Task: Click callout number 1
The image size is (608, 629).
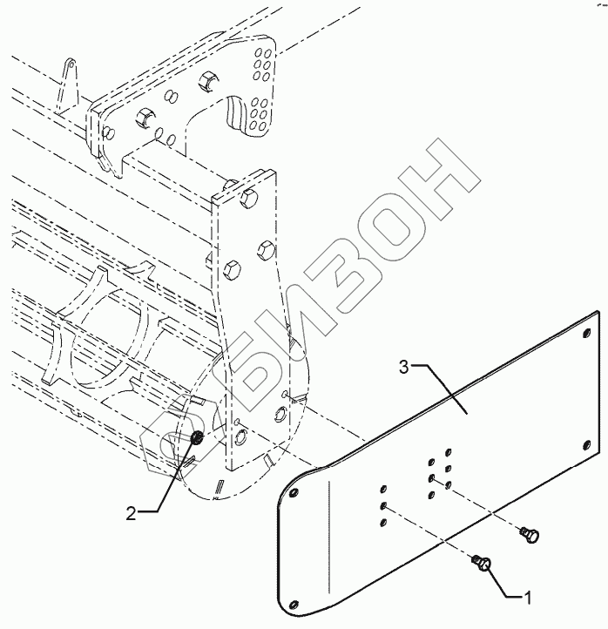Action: (x=528, y=598)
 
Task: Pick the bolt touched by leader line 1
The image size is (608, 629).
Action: (x=483, y=566)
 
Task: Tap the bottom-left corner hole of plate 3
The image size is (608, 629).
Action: (x=297, y=604)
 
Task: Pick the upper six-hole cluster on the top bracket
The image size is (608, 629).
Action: (x=262, y=62)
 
